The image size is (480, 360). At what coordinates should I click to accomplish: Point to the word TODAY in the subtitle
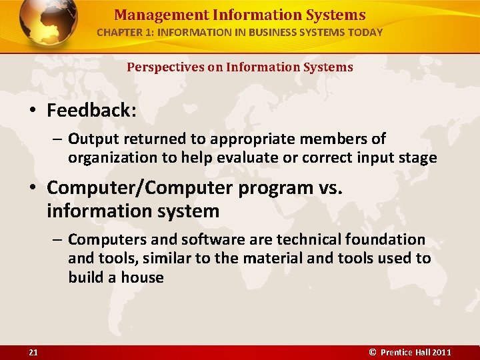(x=365, y=32)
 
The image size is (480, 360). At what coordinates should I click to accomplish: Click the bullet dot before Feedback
(x=33, y=111)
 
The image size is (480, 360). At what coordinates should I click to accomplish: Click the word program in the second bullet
(x=259, y=189)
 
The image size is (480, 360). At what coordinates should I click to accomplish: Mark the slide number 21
(x=33, y=352)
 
